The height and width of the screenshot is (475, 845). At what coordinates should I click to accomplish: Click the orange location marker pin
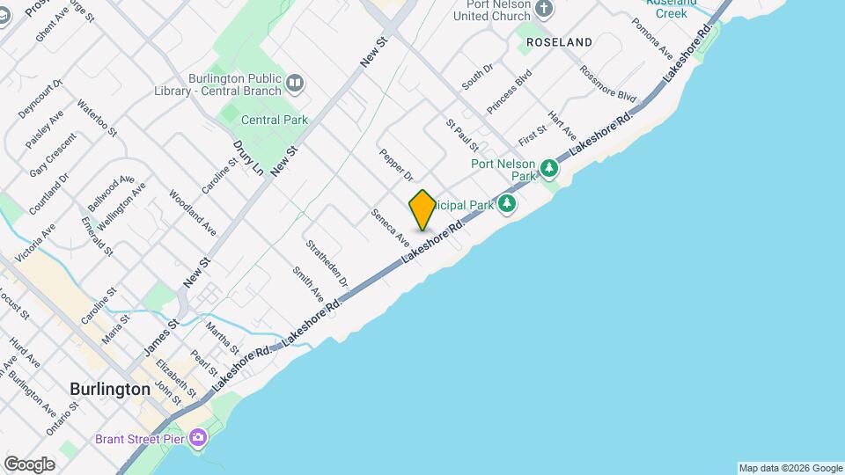pos(422,210)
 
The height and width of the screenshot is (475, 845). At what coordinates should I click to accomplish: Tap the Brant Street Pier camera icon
pos(199,437)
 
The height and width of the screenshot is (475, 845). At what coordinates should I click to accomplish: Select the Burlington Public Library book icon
pos(295,84)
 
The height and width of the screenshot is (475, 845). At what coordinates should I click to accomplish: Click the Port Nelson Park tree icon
pos(550,166)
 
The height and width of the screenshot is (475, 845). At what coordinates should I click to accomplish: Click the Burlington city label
pos(110,389)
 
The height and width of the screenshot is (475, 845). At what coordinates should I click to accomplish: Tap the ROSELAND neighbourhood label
pos(559,42)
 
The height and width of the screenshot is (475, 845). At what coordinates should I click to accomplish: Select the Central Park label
pos(273,120)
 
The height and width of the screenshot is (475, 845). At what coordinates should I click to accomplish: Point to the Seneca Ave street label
pos(390,227)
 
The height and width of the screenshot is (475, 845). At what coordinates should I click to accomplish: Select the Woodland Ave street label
pos(193,213)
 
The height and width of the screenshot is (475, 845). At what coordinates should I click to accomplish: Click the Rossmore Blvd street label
pos(607,83)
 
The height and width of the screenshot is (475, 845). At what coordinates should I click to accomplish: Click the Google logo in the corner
pos(29,464)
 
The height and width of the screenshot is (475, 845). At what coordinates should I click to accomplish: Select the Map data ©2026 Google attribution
pos(790,468)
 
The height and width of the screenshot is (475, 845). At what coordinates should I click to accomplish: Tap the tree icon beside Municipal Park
pos(506,205)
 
